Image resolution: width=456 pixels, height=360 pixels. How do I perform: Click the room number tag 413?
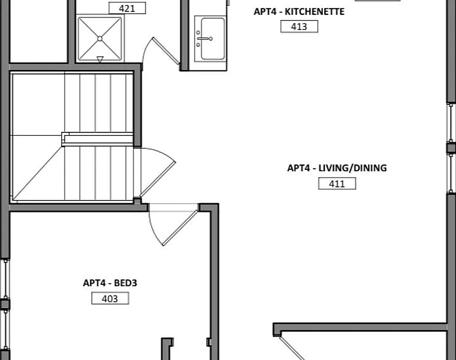pos(299,26)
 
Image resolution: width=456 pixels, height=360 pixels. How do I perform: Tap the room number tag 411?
pos(337,184)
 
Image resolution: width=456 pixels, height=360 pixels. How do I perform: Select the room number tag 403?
pos(110,298)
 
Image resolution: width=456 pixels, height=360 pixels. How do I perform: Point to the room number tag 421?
pos(127,8)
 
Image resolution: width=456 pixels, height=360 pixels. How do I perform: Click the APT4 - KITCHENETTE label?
pos(299,12)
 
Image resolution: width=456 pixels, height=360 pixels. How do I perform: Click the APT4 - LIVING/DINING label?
pos(337,168)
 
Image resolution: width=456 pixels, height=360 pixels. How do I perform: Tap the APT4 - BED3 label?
pos(110,283)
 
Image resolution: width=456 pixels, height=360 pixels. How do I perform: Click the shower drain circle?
pos(100,38)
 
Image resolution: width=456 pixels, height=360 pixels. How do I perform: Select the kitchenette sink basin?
pos(213,39)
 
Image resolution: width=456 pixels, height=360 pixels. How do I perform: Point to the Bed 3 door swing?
pos(174,224)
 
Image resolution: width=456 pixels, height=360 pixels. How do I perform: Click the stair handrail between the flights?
pos(97,139)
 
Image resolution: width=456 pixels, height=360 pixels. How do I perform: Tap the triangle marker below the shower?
pos(100,59)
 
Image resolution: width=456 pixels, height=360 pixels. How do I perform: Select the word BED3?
pos(126,283)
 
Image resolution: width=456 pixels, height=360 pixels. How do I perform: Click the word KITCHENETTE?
pos(315,12)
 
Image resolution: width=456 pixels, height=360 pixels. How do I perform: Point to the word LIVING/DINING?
pos(353,168)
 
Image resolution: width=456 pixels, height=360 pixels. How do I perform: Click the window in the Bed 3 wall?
pos(6,304)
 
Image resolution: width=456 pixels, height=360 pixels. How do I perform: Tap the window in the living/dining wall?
pos(451,148)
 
